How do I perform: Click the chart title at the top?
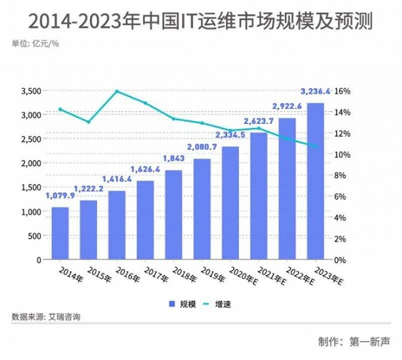pyautogui.click(x=200, y=21)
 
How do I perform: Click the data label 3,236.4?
pyautogui.click(x=315, y=91)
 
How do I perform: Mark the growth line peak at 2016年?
pyautogui.click(x=117, y=91)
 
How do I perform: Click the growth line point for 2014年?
pyautogui.click(x=61, y=109)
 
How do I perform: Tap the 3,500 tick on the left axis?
pyautogui.click(x=31, y=91)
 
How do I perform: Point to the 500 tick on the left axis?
pyautogui.click(x=35, y=236)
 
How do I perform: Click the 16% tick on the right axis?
pyautogui.click(x=342, y=91)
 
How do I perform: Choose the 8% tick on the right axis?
pyautogui.click(x=341, y=176)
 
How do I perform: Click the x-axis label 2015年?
pyautogui.click(x=99, y=273)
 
